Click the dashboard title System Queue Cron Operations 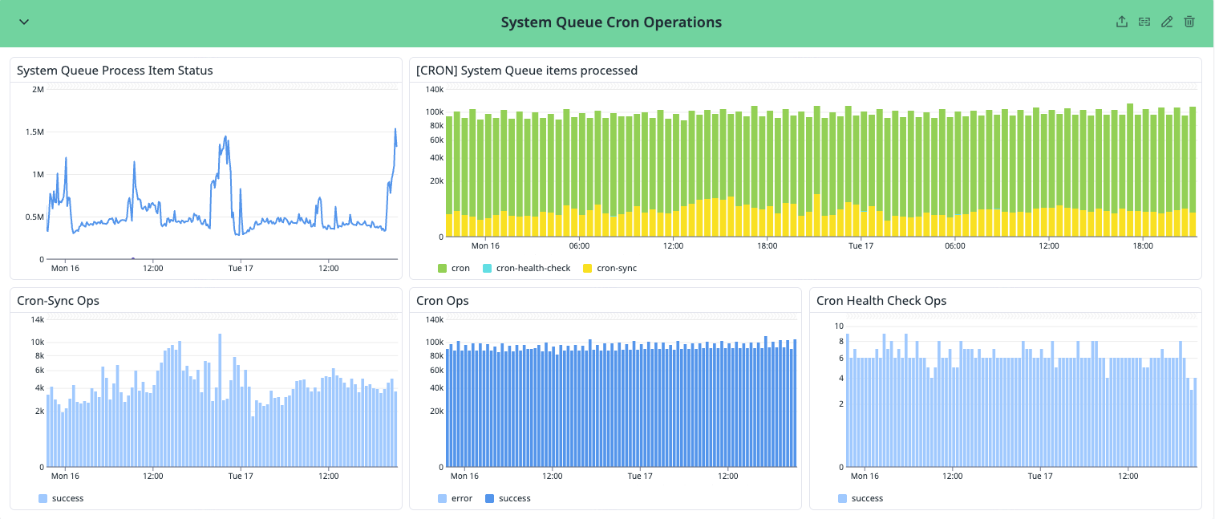611,22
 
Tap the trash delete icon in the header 1189,22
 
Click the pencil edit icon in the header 1167,22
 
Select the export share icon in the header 1122,22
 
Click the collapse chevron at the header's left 24,22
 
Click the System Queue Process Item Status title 115,71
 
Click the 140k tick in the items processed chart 434,89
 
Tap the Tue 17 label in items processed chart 861,246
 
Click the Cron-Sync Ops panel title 63,301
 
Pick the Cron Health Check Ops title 881,301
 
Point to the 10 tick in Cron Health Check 839,326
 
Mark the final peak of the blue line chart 395,128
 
